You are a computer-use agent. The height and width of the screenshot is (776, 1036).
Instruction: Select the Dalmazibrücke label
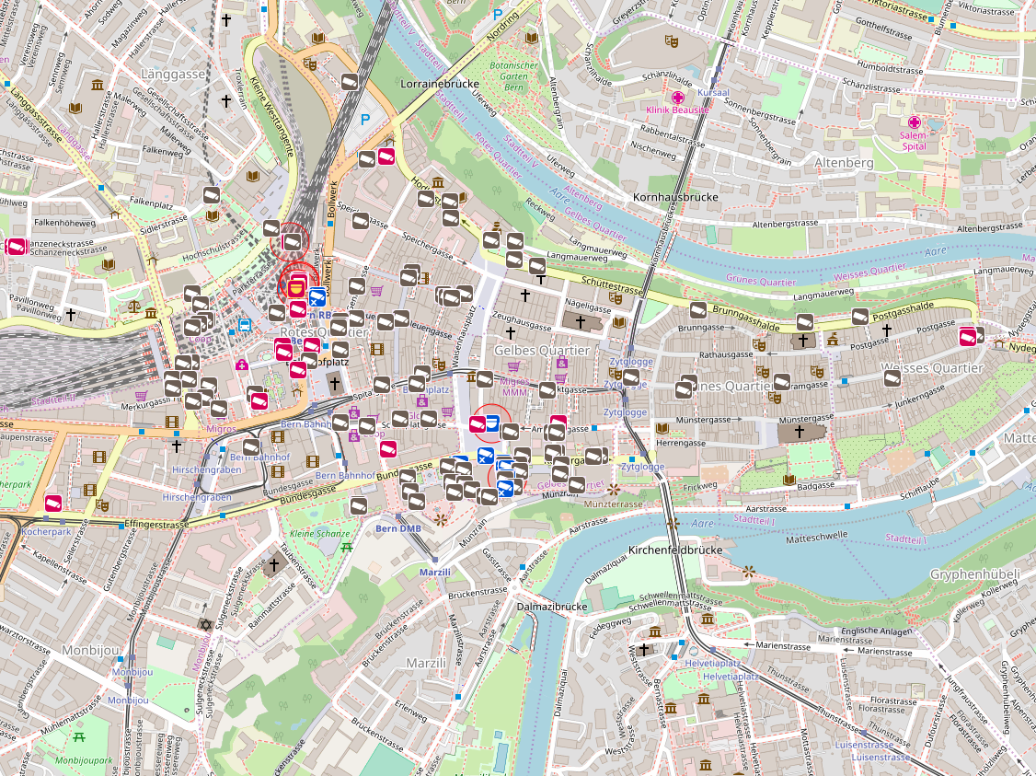[x=552, y=608]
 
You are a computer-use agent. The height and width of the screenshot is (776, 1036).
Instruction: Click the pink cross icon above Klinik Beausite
[x=678, y=98]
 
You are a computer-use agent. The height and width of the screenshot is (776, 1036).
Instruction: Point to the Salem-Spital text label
[x=914, y=140]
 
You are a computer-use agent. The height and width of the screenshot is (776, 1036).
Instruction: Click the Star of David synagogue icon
[x=205, y=625]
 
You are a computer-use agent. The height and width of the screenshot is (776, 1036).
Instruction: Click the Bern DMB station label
[x=398, y=528]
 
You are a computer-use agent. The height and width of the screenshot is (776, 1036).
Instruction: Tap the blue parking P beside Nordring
[x=498, y=15]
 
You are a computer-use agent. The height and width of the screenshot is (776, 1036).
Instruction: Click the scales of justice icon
[x=135, y=304]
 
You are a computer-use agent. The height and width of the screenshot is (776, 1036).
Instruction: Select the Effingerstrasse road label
[x=157, y=525]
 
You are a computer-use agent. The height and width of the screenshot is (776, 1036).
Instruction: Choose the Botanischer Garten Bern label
[x=513, y=77]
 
